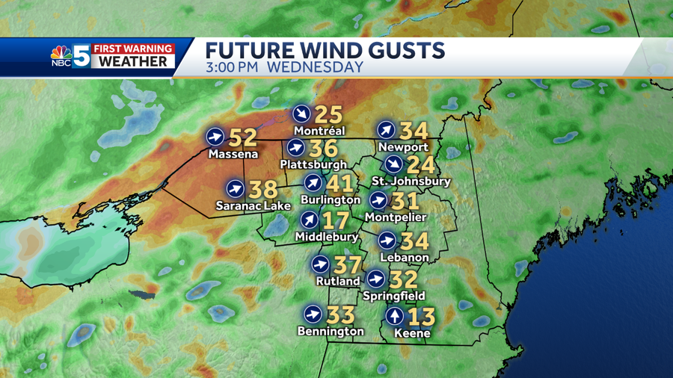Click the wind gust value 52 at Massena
[x=242, y=137]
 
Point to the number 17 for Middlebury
[x=336, y=220]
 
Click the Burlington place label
[x=330, y=199]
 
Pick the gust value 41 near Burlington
[x=339, y=182]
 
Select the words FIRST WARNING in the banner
[x=133, y=49]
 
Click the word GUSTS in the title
[x=408, y=51]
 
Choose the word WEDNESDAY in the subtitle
[x=315, y=67]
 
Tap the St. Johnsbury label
[x=411, y=182]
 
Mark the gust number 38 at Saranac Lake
[x=263, y=189]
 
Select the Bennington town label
[x=331, y=331]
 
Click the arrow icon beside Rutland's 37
[x=319, y=265]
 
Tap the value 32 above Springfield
[x=403, y=279]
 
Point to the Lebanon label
[x=405, y=257]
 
